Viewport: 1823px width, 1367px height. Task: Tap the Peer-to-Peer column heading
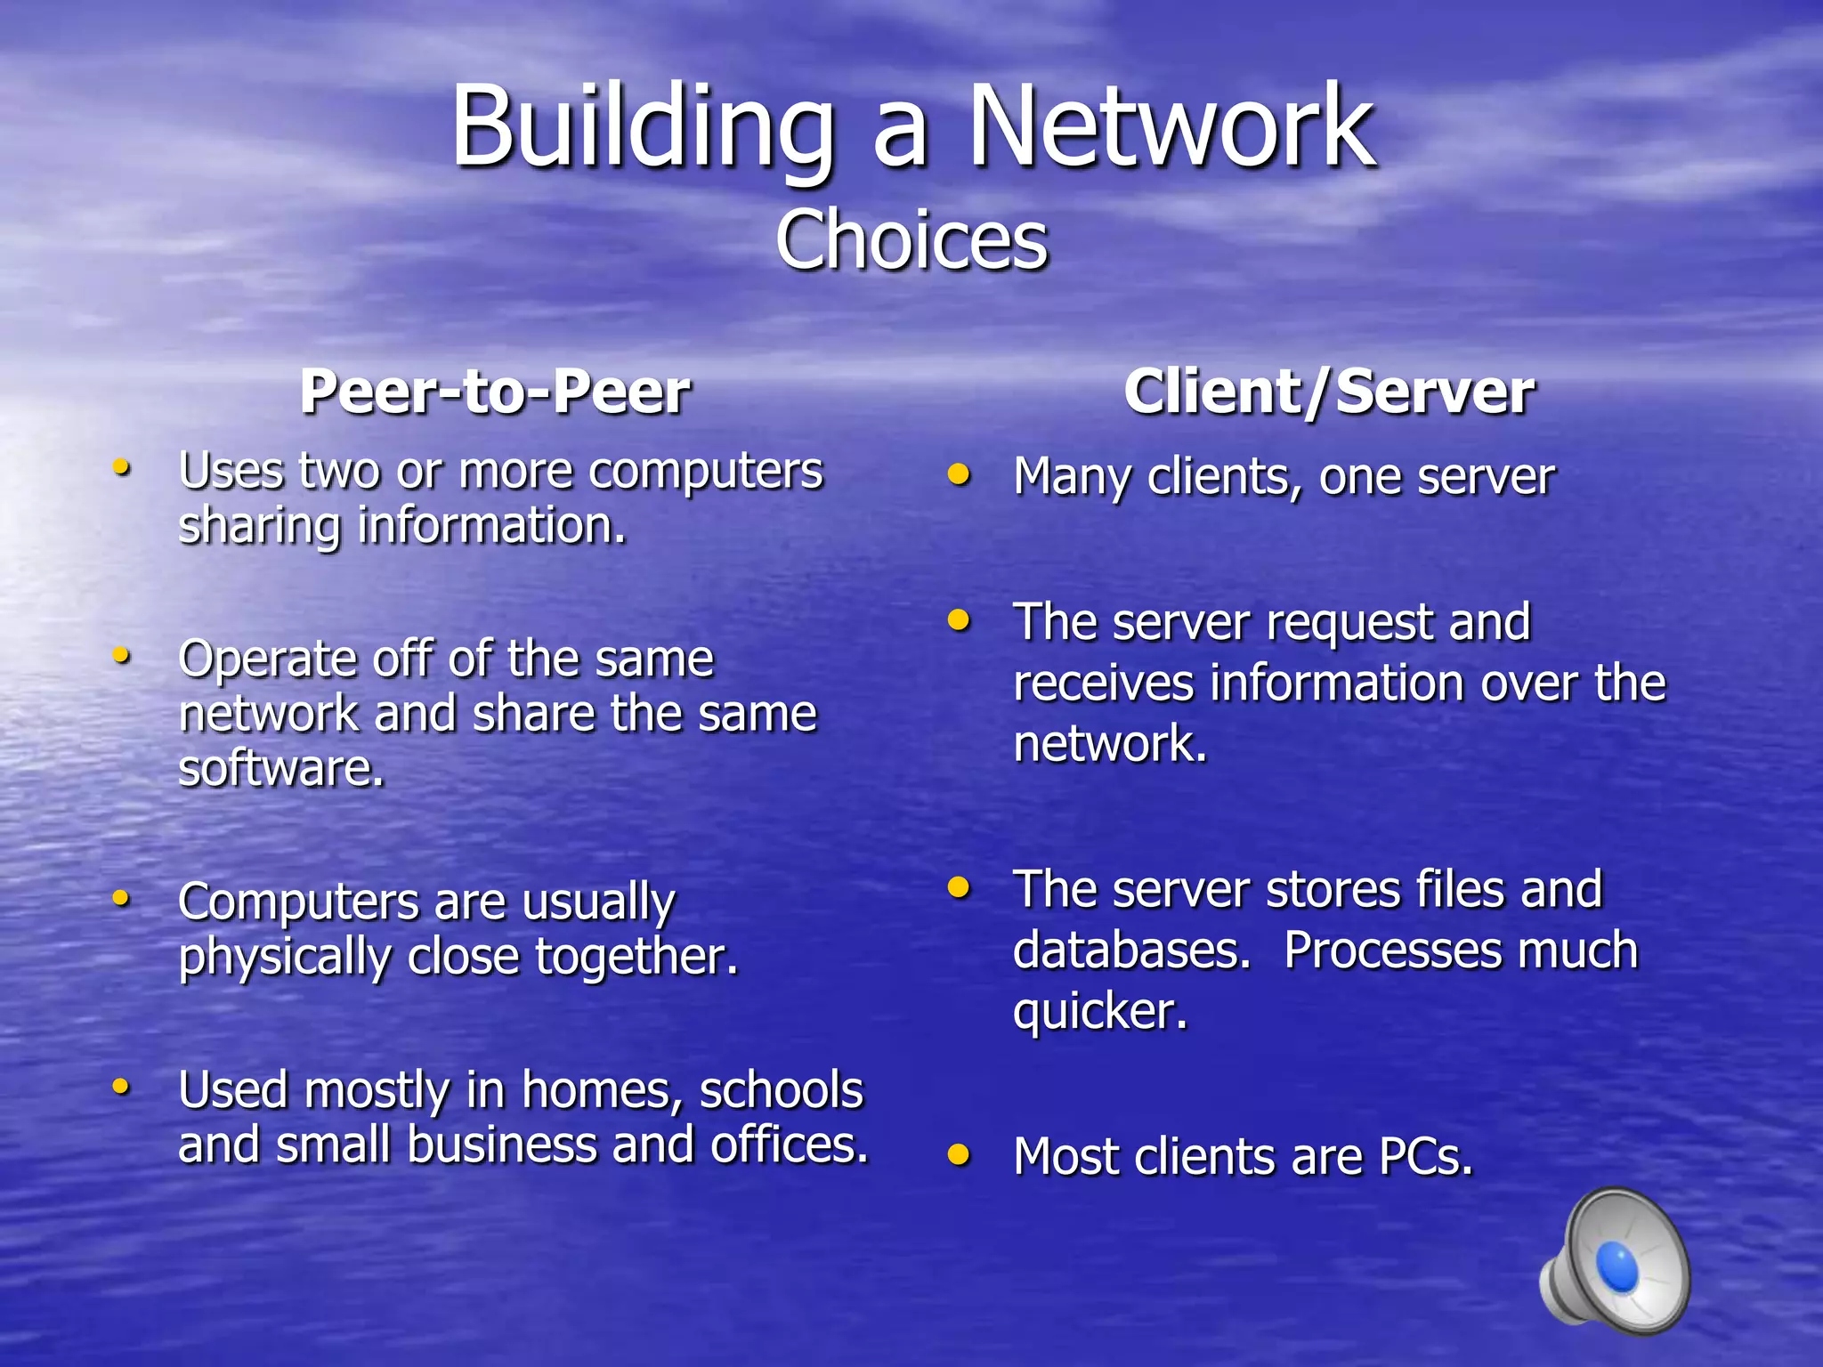coord(495,392)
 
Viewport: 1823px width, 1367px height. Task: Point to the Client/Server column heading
coord(1329,392)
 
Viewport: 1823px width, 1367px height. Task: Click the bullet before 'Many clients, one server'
coord(959,473)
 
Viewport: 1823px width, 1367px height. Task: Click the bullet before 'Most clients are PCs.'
coord(959,1154)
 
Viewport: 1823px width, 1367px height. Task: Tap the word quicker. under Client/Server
coord(1100,1012)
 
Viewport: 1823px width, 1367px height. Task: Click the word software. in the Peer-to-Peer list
coord(281,768)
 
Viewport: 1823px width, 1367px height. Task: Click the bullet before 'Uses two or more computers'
coord(122,466)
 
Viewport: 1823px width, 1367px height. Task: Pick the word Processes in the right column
coord(1391,950)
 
